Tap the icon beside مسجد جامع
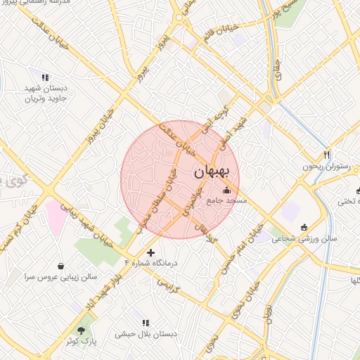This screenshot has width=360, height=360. pyautogui.click(x=226, y=191)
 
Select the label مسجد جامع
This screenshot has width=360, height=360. pyautogui.click(x=227, y=200)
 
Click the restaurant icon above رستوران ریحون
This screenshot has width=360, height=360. pyautogui.click(x=327, y=155)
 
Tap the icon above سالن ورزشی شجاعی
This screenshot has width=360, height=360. pyautogui.click(x=304, y=226)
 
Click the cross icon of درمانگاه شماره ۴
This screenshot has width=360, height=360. pyautogui.click(x=150, y=252)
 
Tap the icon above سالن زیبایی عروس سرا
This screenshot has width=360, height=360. pyautogui.click(x=61, y=266)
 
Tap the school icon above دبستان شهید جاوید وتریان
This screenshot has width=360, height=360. pyautogui.click(x=45, y=77)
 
